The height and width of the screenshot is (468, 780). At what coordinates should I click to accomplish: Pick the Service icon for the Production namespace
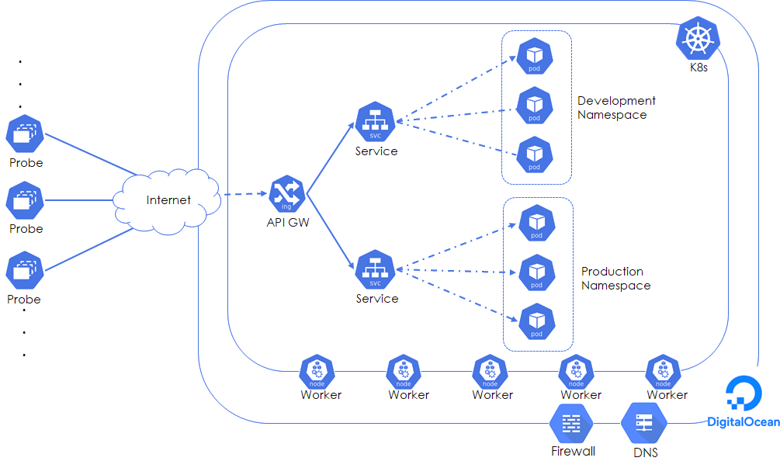pos(376,269)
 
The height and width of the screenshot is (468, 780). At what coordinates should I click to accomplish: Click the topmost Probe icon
pos(26,135)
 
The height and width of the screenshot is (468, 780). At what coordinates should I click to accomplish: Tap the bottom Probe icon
pos(26,271)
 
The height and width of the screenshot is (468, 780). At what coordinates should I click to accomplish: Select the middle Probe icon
pos(26,201)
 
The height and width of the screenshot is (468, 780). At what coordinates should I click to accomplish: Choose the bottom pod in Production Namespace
pos(536,322)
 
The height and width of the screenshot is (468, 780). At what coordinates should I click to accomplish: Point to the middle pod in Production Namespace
pos(536,273)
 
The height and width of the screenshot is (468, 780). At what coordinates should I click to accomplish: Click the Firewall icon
pos(571,424)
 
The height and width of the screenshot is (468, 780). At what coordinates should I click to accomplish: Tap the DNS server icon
pos(643,424)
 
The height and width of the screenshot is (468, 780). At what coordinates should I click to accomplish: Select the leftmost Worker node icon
pos(317,373)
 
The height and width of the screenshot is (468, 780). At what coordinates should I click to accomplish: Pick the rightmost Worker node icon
pos(664,373)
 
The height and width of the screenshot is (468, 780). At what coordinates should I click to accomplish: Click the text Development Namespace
pos(615,107)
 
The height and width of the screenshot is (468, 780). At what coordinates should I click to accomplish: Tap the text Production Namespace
pos(615,278)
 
